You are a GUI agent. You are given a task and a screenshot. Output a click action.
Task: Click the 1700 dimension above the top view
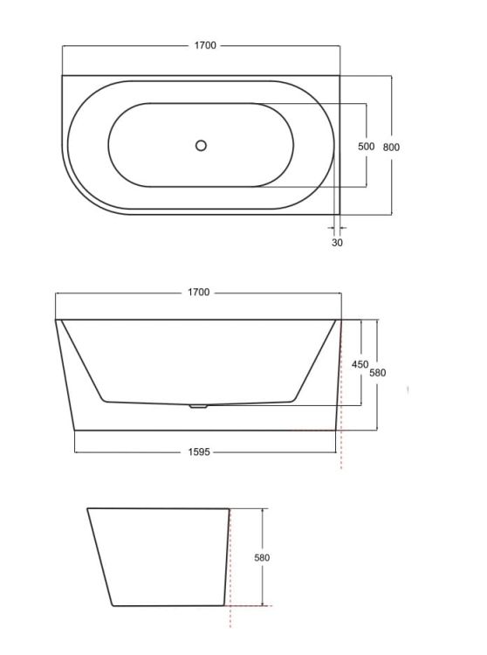205,45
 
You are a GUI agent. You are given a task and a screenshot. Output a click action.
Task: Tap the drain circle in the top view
201,145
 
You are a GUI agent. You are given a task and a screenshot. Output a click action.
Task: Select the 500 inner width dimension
366,146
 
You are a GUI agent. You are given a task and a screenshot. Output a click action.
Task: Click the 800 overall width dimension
391,147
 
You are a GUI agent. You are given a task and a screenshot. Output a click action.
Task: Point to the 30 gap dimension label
337,242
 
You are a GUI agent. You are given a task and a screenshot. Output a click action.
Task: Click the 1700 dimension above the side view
199,293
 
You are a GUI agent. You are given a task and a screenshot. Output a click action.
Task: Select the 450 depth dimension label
360,364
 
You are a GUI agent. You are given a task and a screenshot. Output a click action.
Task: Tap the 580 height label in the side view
377,373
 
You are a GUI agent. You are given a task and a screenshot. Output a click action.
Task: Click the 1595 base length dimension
199,452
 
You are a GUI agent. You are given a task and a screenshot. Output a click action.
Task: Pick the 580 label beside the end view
262,557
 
